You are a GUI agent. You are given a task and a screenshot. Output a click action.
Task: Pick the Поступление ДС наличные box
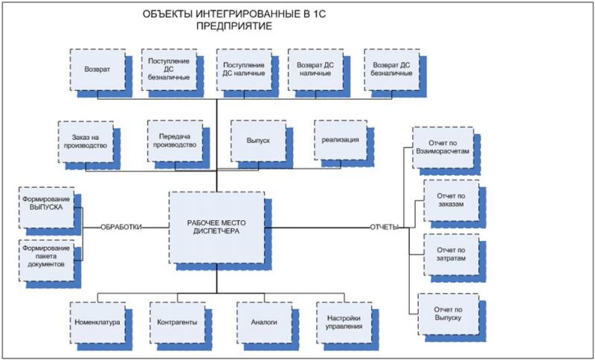click(243, 68)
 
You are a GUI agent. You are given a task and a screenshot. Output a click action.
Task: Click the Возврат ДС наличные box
click(315, 69)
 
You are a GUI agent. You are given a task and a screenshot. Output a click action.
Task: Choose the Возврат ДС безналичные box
click(391, 69)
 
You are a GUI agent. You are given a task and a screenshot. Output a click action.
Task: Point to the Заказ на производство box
click(86, 141)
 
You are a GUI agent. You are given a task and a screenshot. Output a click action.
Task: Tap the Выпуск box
click(257, 141)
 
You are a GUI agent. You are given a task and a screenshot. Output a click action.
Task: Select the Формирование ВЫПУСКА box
click(46, 206)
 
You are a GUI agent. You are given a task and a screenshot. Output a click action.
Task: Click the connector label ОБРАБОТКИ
click(123, 226)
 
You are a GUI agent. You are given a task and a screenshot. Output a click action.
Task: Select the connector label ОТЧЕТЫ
click(385, 226)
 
